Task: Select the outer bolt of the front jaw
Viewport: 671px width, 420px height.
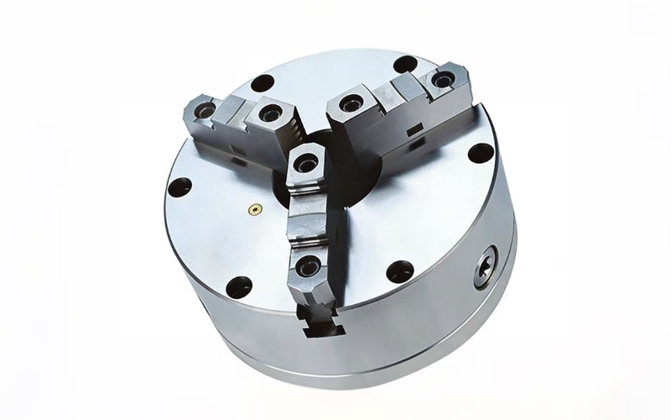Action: pos(307,267)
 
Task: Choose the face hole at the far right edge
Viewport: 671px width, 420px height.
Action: pos(479,153)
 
